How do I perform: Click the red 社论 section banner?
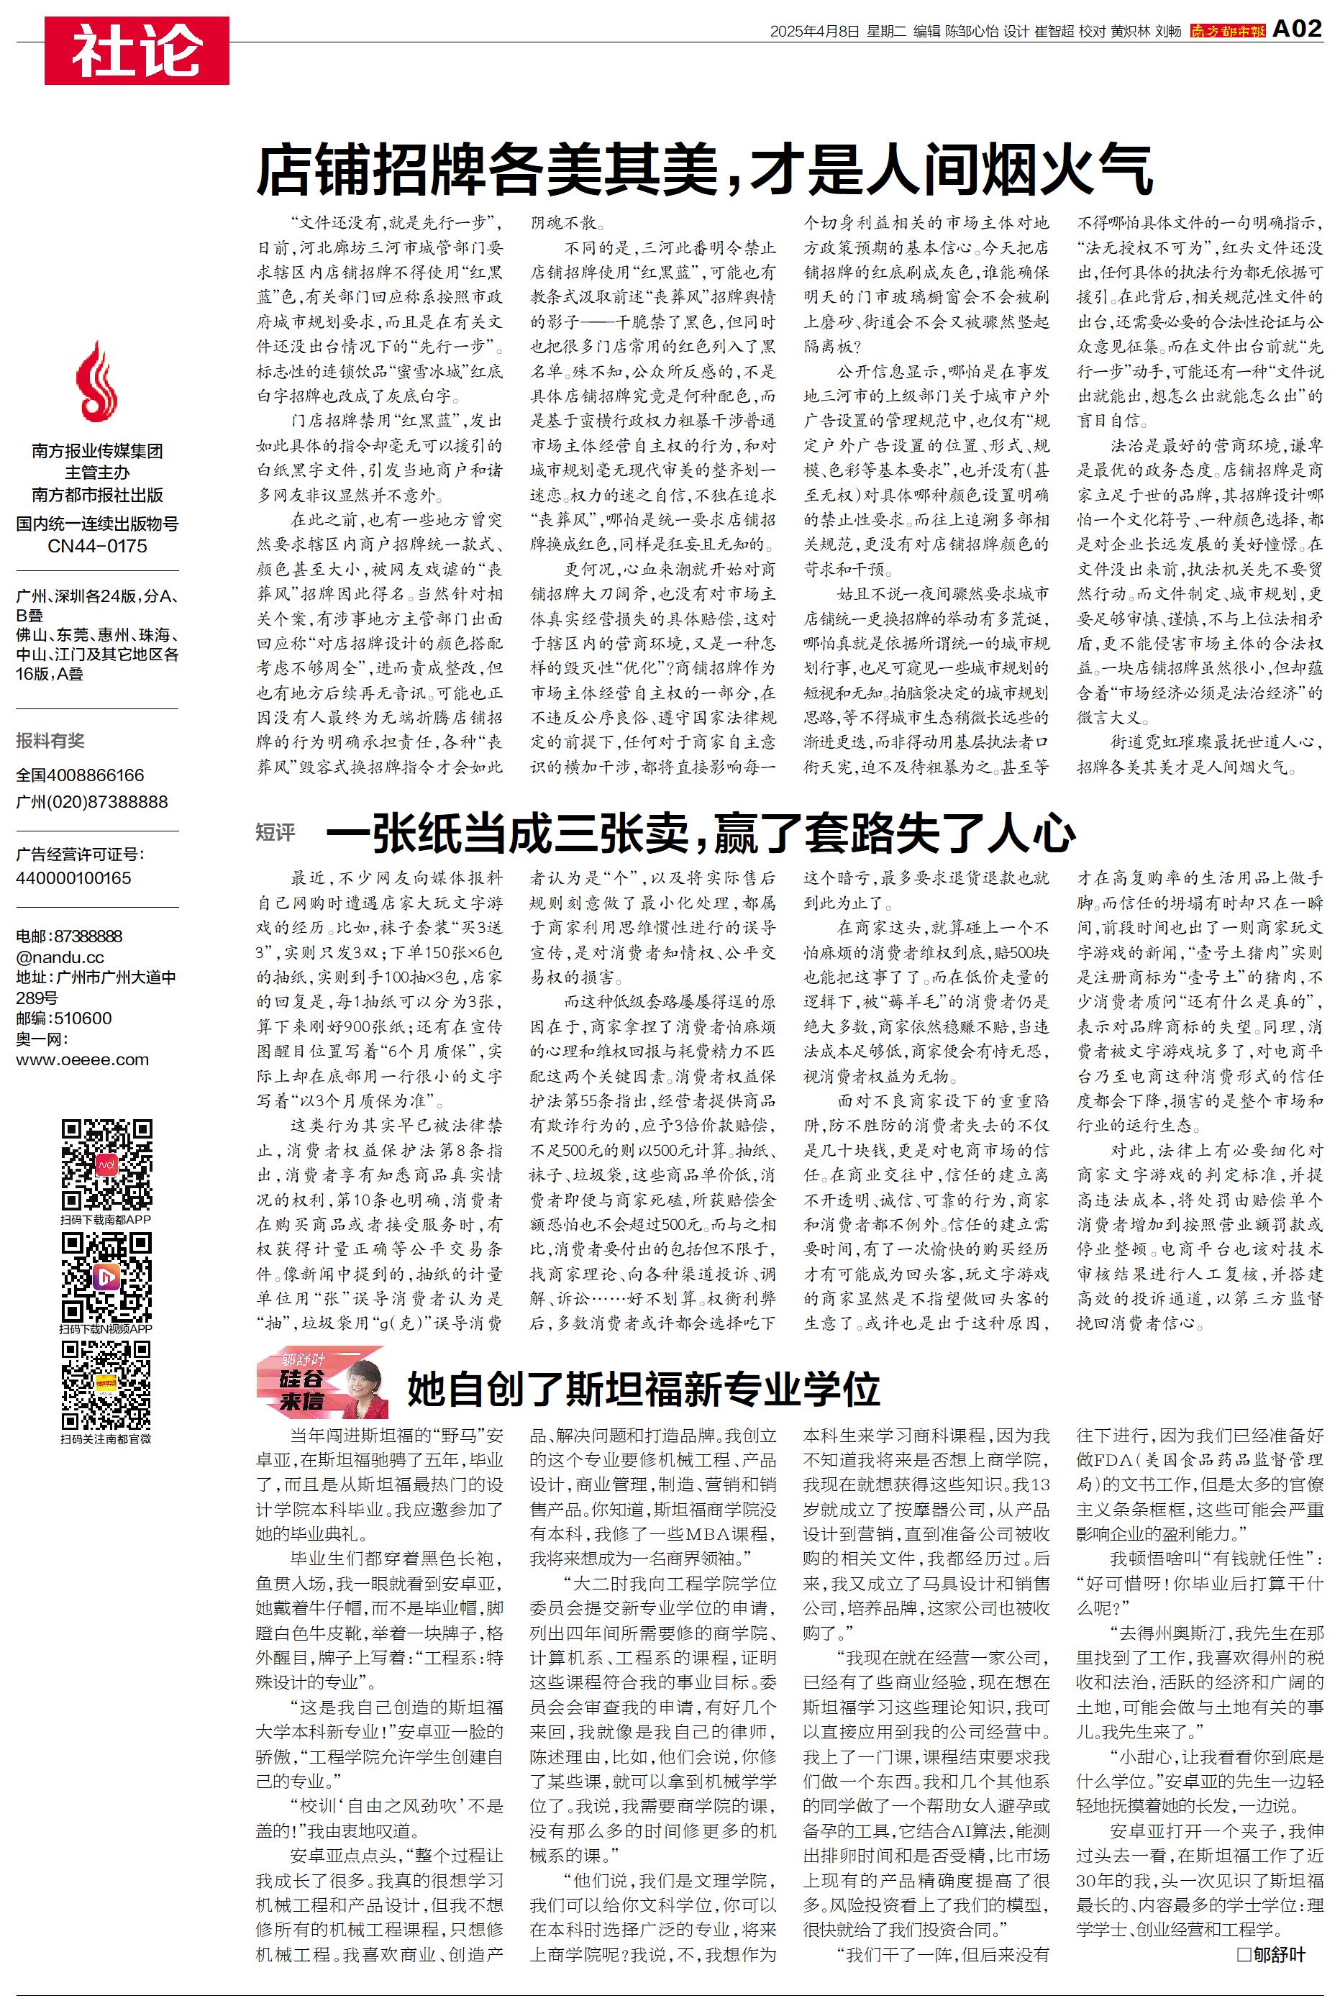pyautogui.click(x=137, y=51)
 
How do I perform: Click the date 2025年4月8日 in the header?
pyautogui.click(x=813, y=32)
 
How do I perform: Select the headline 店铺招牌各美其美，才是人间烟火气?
pyautogui.click(x=705, y=169)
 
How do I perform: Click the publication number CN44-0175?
pyautogui.click(x=96, y=546)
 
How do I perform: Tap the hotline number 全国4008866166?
pyautogui.click(x=81, y=775)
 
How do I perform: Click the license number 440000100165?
pyautogui.click(x=73, y=877)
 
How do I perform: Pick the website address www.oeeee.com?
pyautogui.click(x=82, y=1059)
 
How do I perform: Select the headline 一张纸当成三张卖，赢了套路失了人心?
pyautogui.click(x=701, y=833)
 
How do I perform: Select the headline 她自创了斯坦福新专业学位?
pyautogui.click(x=642, y=1388)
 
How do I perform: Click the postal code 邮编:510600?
pyautogui.click(x=64, y=1018)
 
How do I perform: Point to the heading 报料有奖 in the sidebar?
pyautogui.click(x=50, y=741)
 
